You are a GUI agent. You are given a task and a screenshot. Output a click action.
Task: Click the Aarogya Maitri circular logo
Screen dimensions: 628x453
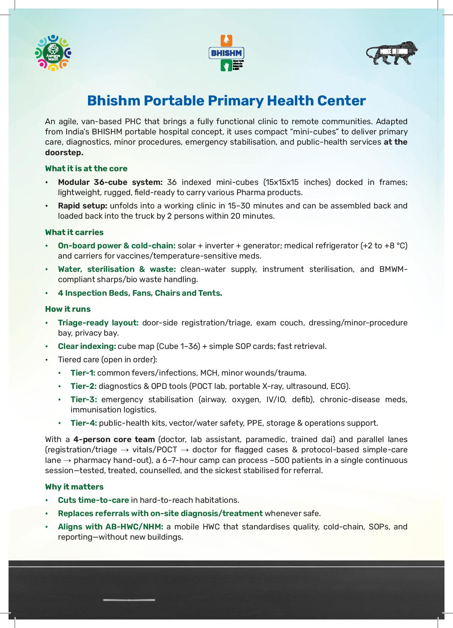53,53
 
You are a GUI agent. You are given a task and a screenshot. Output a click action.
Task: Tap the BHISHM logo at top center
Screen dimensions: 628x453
227,53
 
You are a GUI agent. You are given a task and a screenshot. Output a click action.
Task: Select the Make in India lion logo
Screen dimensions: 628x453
392,53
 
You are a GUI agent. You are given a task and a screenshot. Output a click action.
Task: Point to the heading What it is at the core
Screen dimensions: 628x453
86,169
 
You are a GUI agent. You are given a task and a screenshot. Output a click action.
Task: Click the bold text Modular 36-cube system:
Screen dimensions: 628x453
110,182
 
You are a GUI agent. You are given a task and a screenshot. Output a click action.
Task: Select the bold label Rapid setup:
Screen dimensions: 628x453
83,206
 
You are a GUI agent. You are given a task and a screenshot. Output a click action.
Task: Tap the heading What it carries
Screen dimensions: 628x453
74,232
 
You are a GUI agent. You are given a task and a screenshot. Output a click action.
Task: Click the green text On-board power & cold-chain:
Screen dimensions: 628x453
117,246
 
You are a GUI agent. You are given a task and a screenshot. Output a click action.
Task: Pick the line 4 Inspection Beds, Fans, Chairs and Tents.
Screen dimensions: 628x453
140,293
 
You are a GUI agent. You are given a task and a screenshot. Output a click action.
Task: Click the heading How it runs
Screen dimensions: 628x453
68,309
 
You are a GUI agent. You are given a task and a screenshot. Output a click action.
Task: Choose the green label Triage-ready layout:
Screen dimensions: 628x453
98,323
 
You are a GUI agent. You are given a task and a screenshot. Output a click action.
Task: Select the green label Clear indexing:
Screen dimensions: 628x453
87,346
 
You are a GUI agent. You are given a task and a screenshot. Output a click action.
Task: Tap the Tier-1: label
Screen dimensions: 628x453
83,373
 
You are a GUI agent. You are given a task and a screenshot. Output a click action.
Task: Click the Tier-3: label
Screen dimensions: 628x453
84,399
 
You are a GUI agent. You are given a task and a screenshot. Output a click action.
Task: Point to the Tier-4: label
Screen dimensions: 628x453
84,423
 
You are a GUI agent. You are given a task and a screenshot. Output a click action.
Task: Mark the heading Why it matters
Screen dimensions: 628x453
74,487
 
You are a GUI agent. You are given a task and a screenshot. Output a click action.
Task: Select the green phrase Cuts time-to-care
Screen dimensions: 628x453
93,500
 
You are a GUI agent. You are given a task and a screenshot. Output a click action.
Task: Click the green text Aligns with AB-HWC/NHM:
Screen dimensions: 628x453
111,527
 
